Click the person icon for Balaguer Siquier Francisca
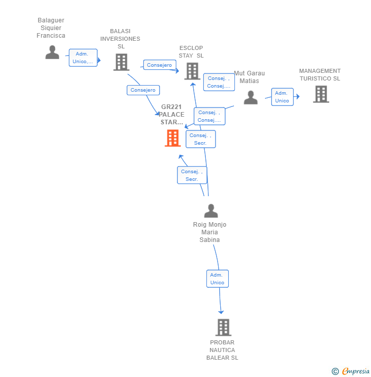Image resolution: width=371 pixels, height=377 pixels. (x=52, y=52)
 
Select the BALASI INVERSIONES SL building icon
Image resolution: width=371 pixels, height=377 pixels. (x=121, y=62)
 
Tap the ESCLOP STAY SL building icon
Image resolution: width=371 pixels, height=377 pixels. (x=192, y=71)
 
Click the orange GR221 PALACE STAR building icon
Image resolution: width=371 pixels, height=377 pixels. (x=173, y=138)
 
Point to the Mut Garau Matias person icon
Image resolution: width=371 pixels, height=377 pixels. (x=250, y=97)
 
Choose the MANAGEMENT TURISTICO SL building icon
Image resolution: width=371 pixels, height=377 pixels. (x=321, y=94)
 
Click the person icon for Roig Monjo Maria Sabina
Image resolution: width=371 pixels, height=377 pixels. (x=210, y=210)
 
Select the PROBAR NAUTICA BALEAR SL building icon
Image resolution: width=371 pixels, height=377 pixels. (x=223, y=327)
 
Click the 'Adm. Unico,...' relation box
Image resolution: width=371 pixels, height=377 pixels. (x=83, y=58)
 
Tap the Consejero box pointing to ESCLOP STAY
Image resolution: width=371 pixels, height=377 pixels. (x=160, y=65)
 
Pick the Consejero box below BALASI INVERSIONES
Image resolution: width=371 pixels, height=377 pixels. (x=143, y=90)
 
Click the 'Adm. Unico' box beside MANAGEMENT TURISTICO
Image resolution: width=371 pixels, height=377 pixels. (x=282, y=97)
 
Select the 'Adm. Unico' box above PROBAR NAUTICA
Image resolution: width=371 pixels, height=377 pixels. (x=218, y=279)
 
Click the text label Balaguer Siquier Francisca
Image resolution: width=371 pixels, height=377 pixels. (x=51, y=28)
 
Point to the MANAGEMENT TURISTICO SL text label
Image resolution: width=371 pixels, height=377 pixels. (x=320, y=75)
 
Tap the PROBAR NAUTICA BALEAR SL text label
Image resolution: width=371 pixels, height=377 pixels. (x=222, y=350)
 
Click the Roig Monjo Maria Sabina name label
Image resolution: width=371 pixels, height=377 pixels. (x=209, y=232)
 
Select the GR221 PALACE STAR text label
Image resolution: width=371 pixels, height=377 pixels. (x=171, y=115)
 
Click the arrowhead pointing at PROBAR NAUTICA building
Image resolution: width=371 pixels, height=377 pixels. (x=221, y=311)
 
